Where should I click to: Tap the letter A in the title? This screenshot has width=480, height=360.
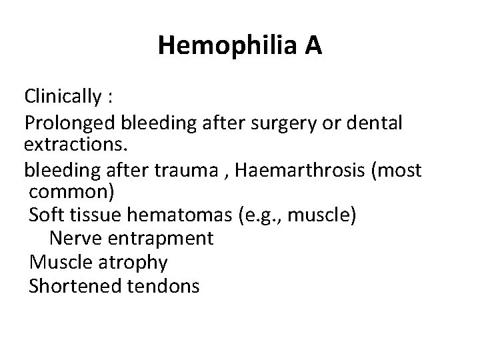tap(313, 46)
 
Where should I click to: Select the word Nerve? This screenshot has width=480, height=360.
tap(73, 238)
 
